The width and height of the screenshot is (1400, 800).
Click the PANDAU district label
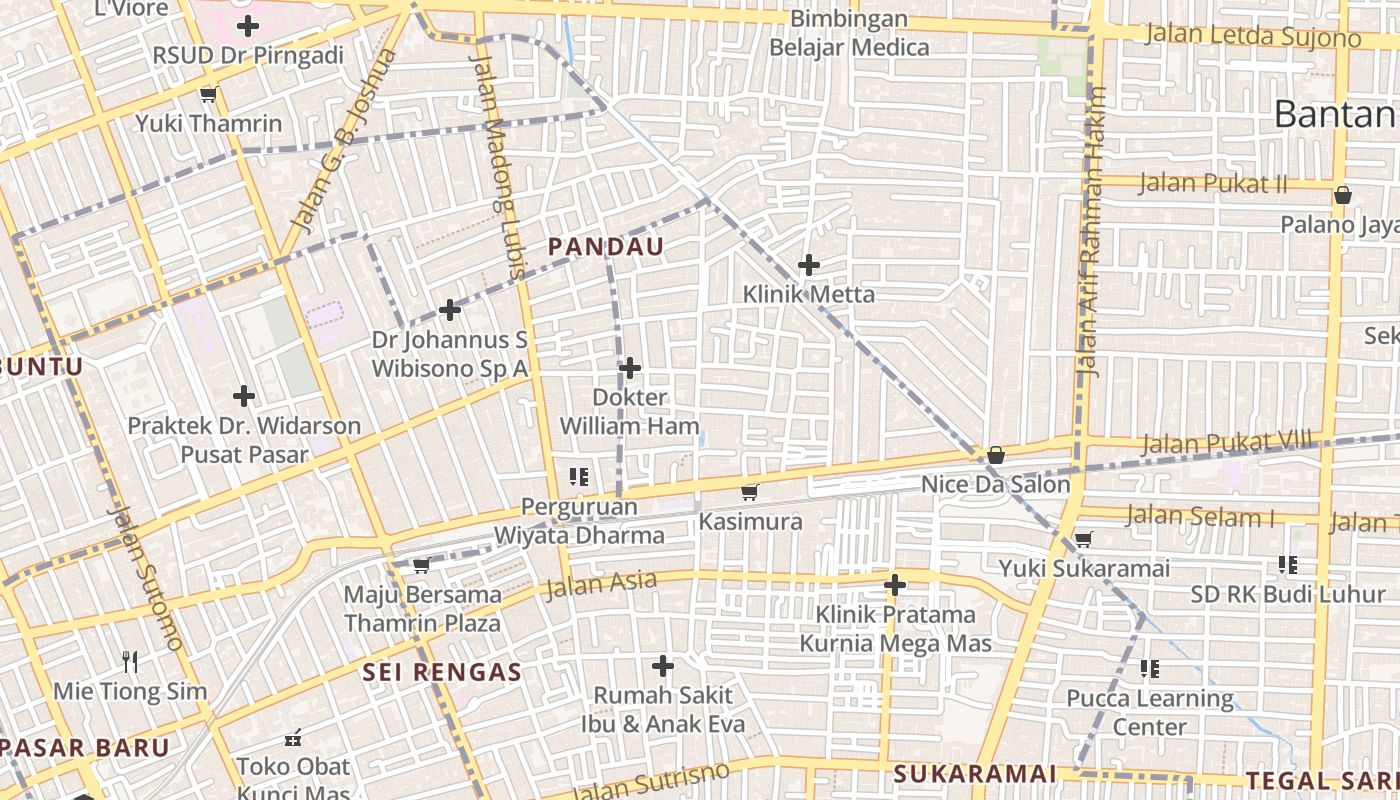click(605, 247)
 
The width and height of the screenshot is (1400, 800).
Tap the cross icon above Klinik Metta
click(809, 265)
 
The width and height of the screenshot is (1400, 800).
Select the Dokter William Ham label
click(629, 411)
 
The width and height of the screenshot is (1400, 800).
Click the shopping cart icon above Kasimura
click(749, 492)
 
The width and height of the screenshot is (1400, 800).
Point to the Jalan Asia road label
click(601, 583)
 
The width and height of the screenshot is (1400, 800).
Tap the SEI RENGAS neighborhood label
click(442, 672)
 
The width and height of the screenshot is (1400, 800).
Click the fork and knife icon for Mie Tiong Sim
click(129, 661)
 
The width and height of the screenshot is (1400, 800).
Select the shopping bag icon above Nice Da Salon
click(995, 456)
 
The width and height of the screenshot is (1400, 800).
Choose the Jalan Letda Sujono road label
click(1252, 35)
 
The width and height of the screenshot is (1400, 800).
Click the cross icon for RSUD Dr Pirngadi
click(248, 26)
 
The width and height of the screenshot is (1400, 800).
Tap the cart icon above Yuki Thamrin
click(208, 95)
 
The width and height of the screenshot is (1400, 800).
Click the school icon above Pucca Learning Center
click(1150, 668)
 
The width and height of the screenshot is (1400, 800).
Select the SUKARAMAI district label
click(974, 773)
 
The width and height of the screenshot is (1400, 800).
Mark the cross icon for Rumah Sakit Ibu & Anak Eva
click(662, 666)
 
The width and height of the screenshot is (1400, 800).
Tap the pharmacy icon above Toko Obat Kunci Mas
click(293, 739)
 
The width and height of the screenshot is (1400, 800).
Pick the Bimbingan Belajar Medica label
click(848, 33)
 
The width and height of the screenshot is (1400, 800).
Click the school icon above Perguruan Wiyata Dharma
click(578, 477)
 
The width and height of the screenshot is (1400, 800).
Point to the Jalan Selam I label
click(1200, 517)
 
